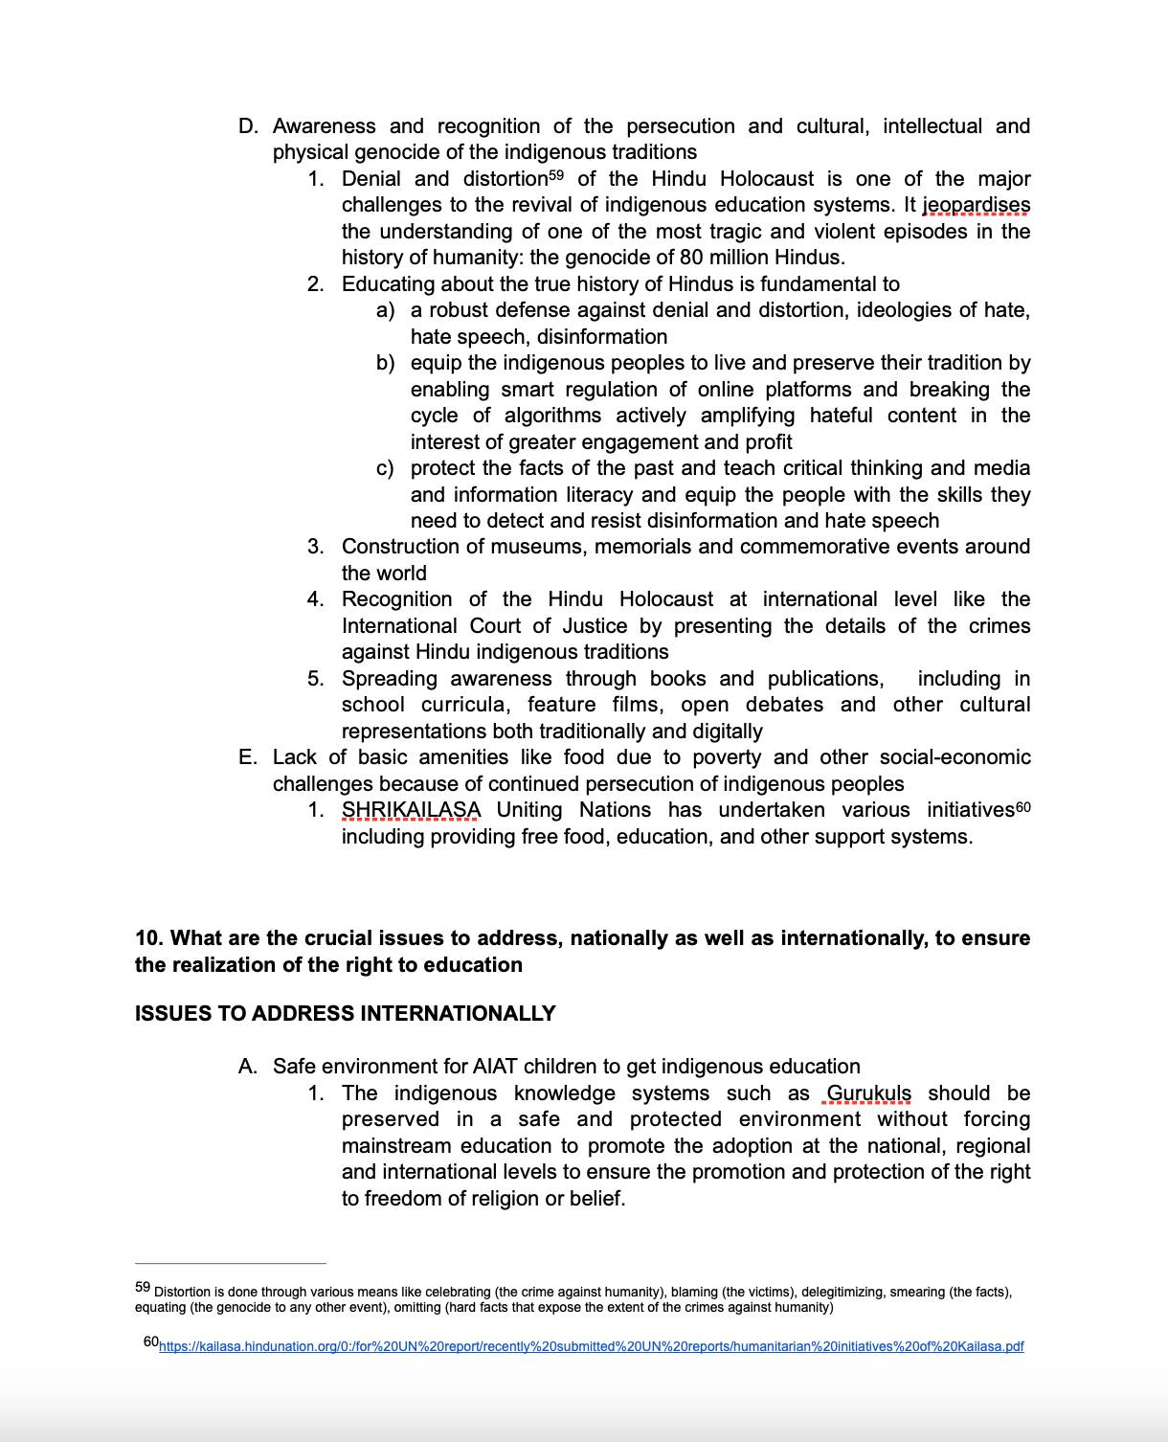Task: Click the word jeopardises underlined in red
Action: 976,205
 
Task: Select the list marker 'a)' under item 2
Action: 385,310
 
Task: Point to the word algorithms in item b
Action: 552,416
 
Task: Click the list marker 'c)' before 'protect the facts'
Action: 385,468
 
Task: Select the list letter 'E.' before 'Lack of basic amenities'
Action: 248,757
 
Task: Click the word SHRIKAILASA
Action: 411,810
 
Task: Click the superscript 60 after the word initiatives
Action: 1022,807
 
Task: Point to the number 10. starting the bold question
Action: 149,938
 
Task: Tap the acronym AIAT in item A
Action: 495,1067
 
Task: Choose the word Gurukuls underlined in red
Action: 868,1093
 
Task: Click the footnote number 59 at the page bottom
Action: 143,1288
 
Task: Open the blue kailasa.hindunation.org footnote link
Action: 591,1346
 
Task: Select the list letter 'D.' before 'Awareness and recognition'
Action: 248,126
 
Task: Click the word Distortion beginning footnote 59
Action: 183,1292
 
